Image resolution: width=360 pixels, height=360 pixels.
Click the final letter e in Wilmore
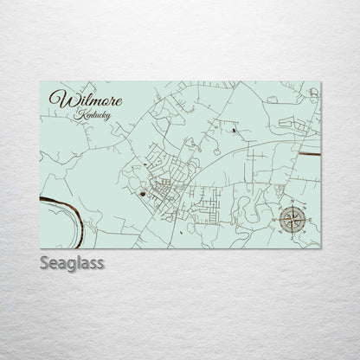[x=118, y=100]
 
